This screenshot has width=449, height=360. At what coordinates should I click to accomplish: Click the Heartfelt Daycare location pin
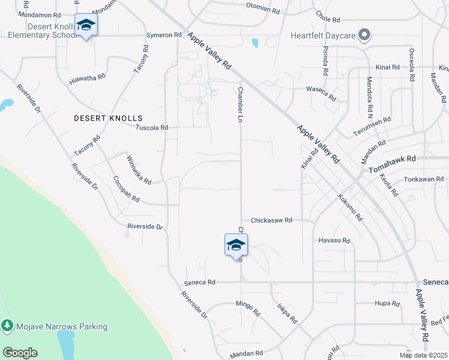364,35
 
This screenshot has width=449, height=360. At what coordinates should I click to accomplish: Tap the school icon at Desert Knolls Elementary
86,25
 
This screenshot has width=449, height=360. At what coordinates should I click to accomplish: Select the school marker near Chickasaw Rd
236,245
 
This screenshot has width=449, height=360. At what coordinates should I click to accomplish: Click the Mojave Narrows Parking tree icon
7,326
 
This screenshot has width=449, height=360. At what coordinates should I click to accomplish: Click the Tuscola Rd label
152,128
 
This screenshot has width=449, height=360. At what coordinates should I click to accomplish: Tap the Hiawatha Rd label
87,78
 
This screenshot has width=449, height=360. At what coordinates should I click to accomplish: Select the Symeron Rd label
164,35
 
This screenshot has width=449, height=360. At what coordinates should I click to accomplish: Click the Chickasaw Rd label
271,220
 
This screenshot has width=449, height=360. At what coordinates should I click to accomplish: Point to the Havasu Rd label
334,241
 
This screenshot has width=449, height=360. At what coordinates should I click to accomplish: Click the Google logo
20,353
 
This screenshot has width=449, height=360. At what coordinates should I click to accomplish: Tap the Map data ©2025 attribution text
423,355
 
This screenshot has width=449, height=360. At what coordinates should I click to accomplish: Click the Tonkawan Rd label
423,179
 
